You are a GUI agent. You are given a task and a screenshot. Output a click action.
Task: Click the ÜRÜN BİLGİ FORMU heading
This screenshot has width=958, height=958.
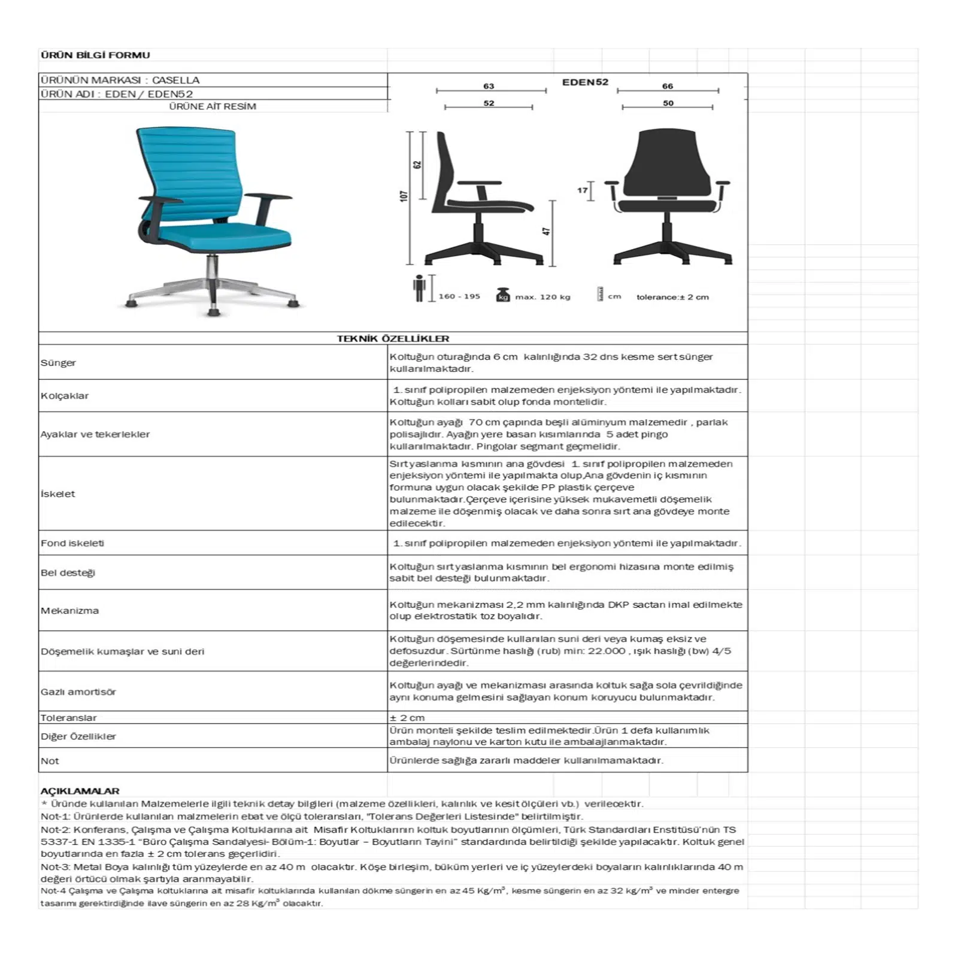click(x=95, y=55)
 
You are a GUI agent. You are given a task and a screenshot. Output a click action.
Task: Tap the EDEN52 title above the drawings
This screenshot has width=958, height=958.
click(x=585, y=82)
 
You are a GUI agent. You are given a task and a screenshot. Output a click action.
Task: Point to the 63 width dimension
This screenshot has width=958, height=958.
click(x=489, y=86)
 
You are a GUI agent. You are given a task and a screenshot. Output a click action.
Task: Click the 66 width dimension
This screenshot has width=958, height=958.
click(x=667, y=86)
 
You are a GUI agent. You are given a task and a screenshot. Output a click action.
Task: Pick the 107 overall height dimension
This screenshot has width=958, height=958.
click(x=404, y=196)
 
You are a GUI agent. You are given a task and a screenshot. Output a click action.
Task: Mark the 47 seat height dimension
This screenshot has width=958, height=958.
click(x=546, y=231)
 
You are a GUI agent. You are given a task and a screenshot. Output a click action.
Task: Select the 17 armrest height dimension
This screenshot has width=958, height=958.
click(x=582, y=190)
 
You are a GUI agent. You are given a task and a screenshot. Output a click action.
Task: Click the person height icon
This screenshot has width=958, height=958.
click(x=419, y=288)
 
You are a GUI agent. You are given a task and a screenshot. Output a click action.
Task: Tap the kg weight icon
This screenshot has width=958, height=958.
click(x=503, y=295)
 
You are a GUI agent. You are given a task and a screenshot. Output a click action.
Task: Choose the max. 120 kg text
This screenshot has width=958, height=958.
click(x=542, y=297)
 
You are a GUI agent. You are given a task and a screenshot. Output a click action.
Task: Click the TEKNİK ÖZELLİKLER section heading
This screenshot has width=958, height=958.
click(x=393, y=339)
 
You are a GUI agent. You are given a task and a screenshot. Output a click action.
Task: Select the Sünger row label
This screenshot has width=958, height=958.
click(x=58, y=363)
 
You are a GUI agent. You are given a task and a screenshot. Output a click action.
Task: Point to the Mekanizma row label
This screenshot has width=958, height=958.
click(x=69, y=611)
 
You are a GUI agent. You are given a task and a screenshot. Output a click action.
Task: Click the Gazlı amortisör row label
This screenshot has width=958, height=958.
click(x=78, y=692)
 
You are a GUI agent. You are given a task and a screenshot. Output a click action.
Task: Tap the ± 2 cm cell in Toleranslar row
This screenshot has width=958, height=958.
click(x=407, y=718)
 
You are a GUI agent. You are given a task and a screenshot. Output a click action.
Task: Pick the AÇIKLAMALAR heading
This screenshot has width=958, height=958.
click(x=80, y=791)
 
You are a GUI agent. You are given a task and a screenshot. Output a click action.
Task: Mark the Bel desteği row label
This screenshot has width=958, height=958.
click(x=68, y=573)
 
